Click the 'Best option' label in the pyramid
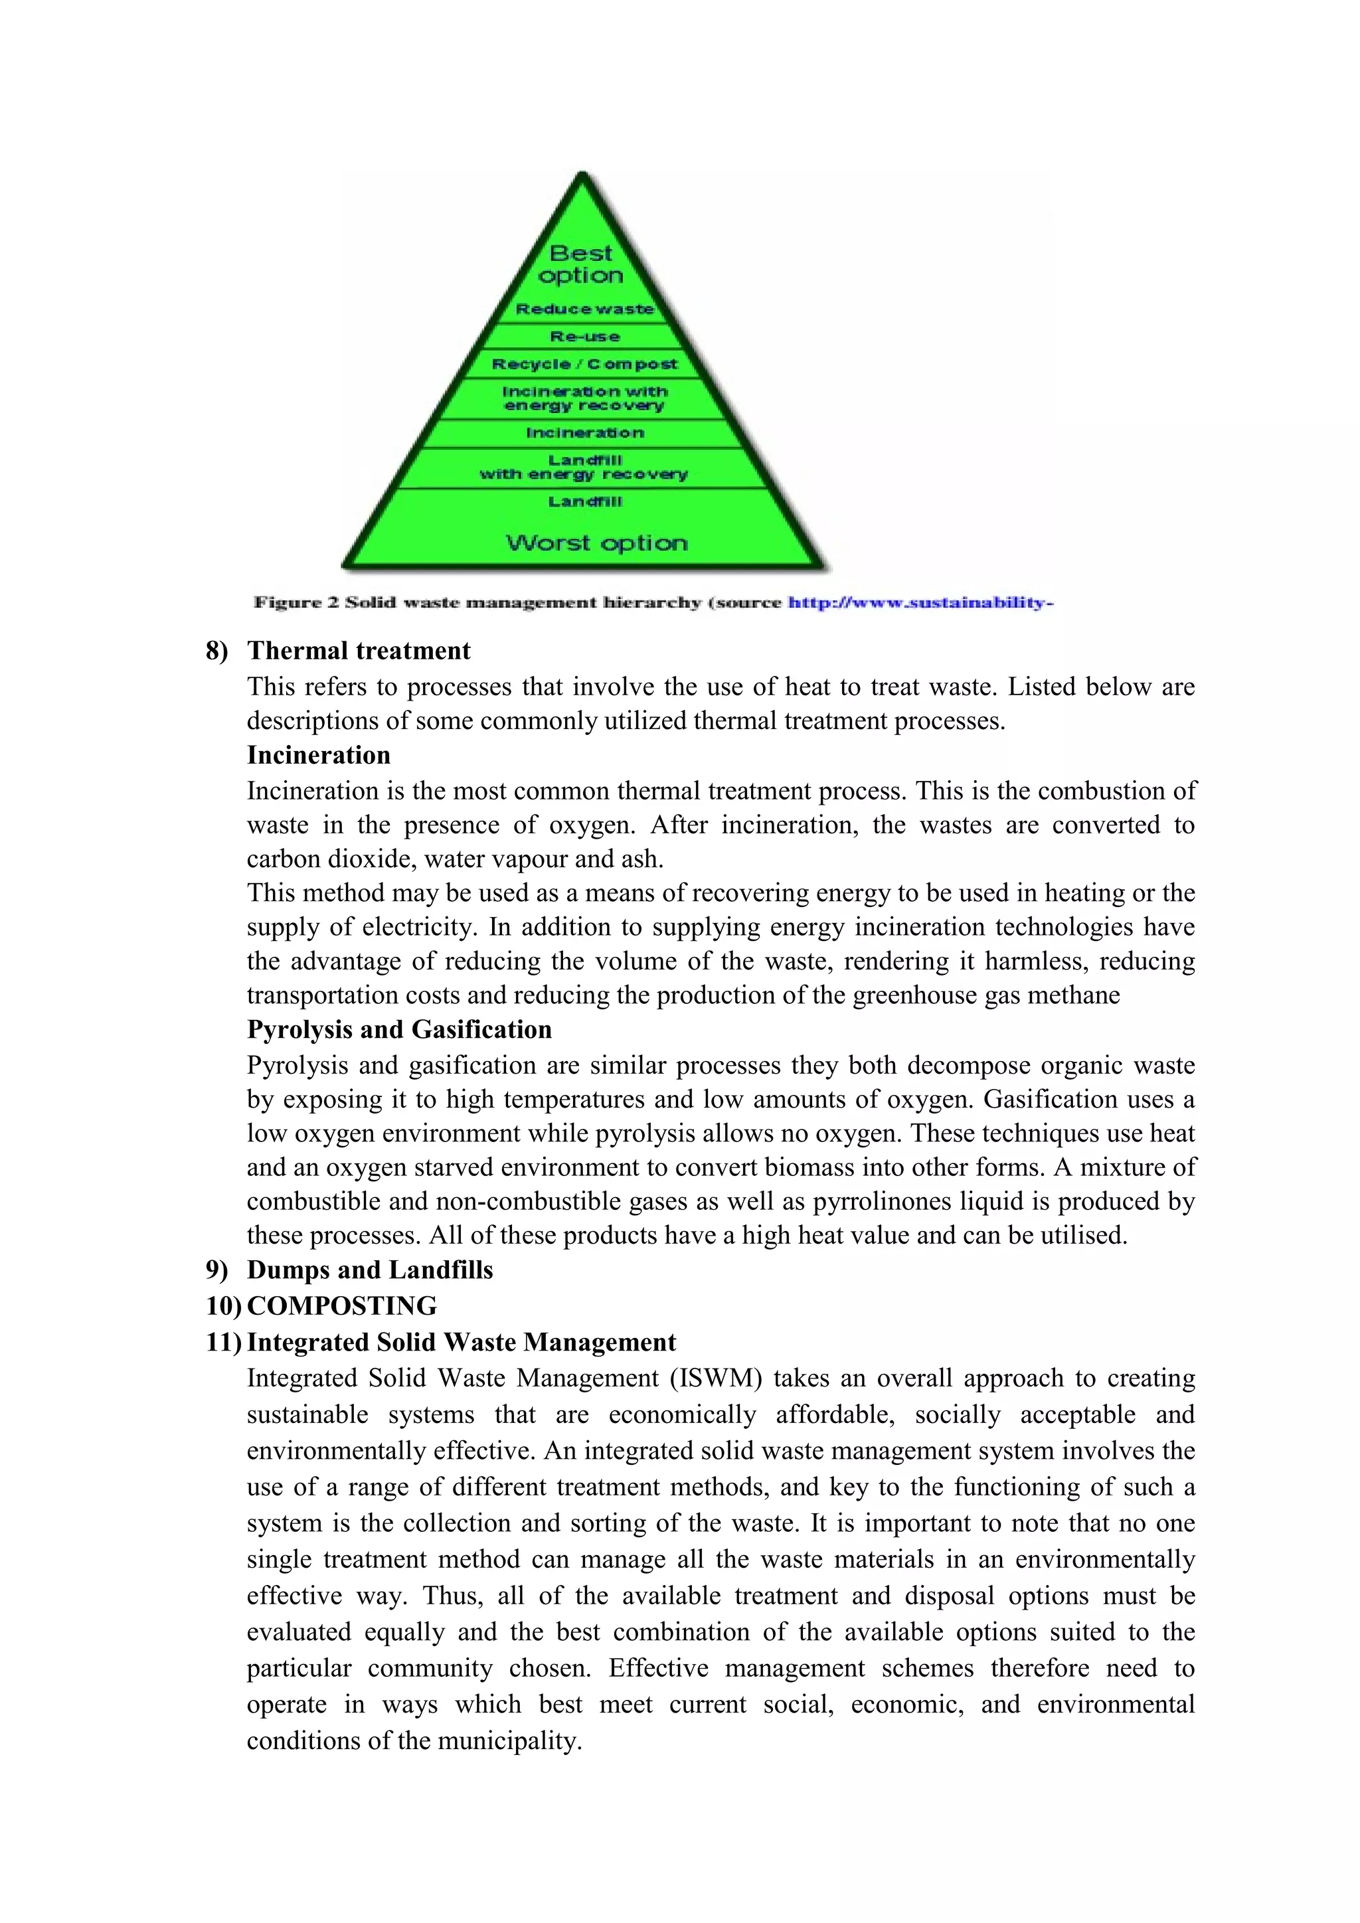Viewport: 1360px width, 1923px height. pyautogui.click(x=581, y=264)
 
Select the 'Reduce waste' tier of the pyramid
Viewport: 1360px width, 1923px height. pyautogui.click(x=584, y=309)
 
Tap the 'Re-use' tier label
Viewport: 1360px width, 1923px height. pyautogui.click(x=584, y=337)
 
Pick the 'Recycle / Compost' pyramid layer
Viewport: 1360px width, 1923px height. pyautogui.click(x=584, y=365)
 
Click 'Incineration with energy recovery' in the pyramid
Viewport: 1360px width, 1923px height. pyautogui.click(x=584, y=398)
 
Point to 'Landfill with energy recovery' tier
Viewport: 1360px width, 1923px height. pyautogui.click(x=584, y=467)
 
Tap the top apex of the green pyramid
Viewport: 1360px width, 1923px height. pyautogui.click(x=582, y=177)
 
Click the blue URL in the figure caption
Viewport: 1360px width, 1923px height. pyautogui.click(x=920, y=602)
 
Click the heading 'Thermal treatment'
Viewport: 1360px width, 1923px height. pyautogui.click(x=359, y=651)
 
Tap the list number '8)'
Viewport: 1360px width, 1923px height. pyautogui.click(x=217, y=651)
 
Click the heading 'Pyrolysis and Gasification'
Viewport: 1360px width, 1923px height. pyautogui.click(x=398, y=1029)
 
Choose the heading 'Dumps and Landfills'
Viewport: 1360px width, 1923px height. pyautogui.click(x=369, y=1270)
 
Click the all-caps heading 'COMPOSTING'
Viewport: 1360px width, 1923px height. pyautogui.click(x=342, y=1305)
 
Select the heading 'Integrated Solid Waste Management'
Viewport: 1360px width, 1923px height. pyautogui.click(x=461, y=1342)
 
